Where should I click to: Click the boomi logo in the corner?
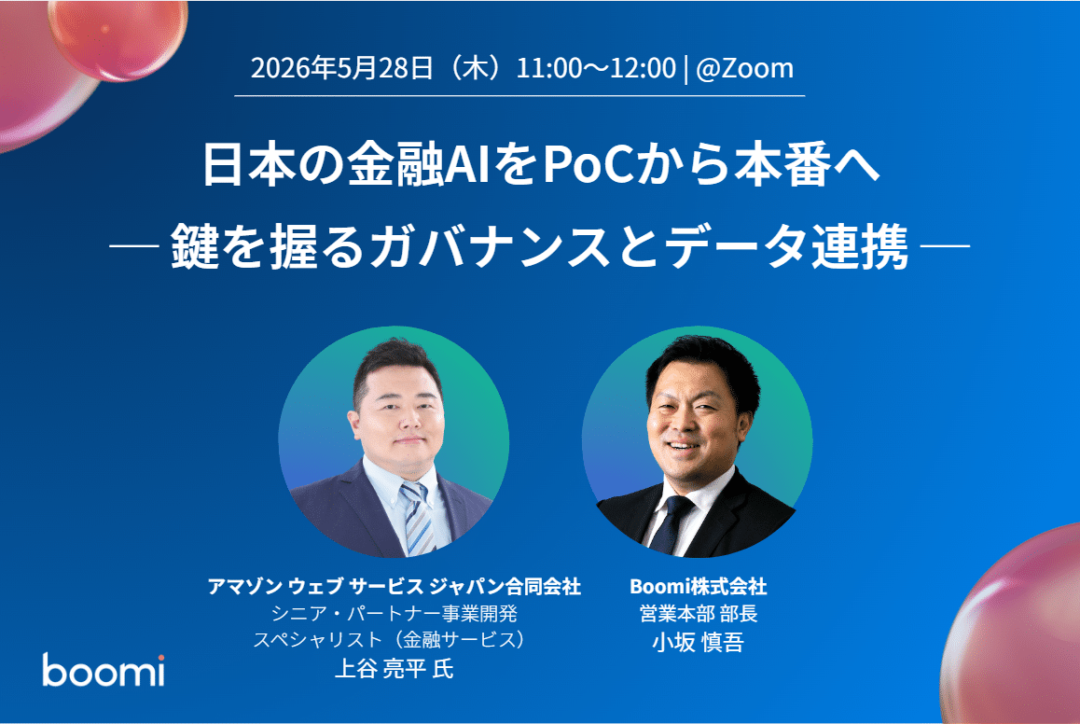pos(103,670)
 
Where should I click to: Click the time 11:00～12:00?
pos(596,68)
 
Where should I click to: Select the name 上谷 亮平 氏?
pos(394,670)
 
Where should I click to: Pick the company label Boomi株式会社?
pos(698,587)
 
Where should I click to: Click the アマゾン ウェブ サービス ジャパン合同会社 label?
pos(394,587)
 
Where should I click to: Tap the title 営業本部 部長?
pos(698,614)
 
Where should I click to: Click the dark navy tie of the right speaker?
pos(671,522)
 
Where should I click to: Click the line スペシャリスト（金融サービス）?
pos(394,642)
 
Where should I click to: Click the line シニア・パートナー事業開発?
pos(394,614)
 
